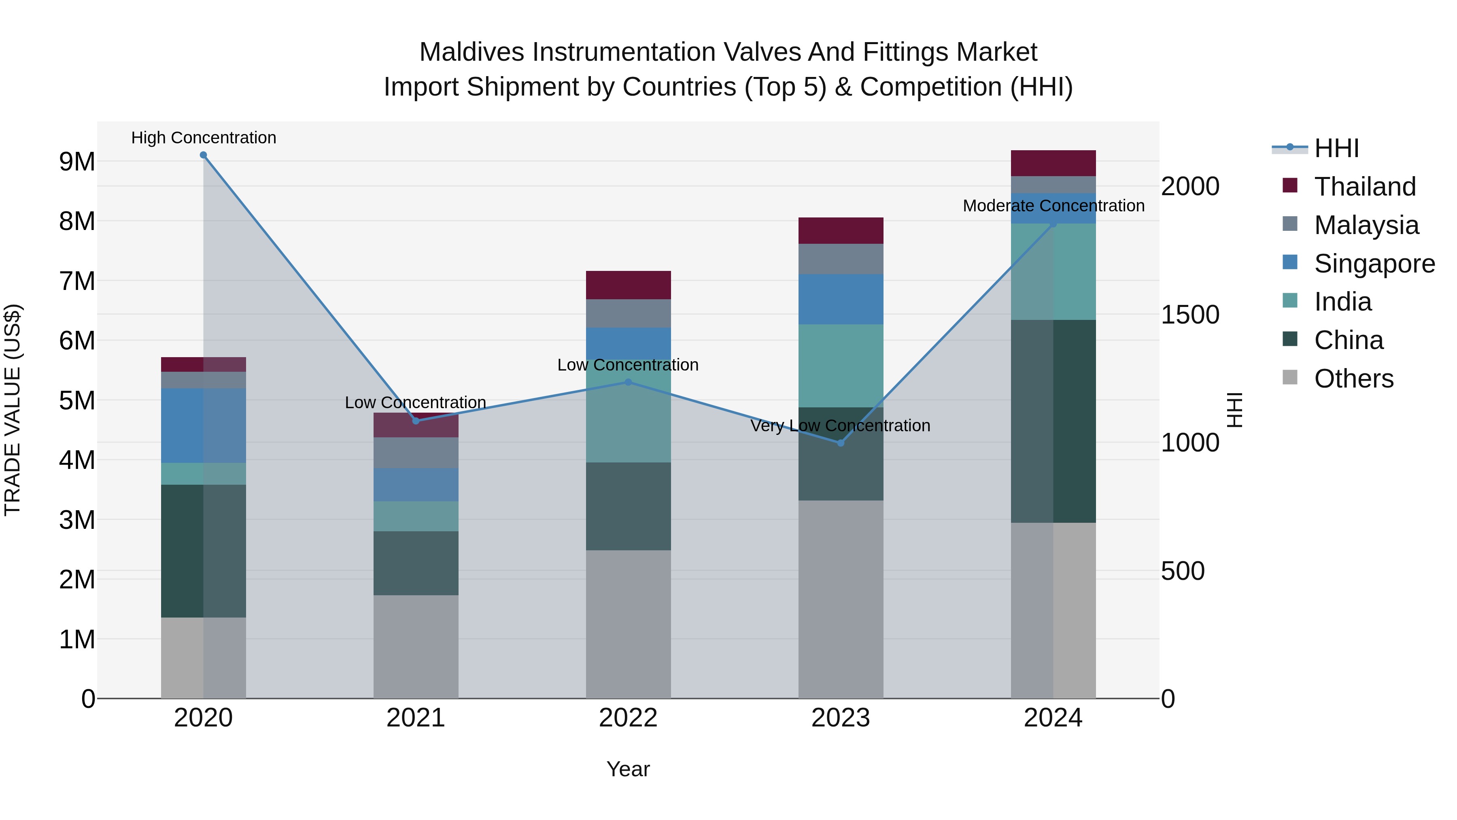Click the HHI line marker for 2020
tap(203, 155)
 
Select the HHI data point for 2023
tap(841, 443)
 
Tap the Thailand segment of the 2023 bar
tap(841, 230)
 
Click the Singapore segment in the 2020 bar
tap(203, 426)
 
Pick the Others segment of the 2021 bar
tap(416, 646)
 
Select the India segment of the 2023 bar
tap(841, 366)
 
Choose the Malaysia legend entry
tap(1366, 225)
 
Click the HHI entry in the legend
tap(1336, 148)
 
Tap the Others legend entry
tap(1353, 379)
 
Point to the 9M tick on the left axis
tap(77, 162)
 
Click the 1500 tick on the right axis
tap(1189, 315)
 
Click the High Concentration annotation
tap(204, 138)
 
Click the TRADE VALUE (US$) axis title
tap(13, 410)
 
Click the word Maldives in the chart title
tap(472, 52)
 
